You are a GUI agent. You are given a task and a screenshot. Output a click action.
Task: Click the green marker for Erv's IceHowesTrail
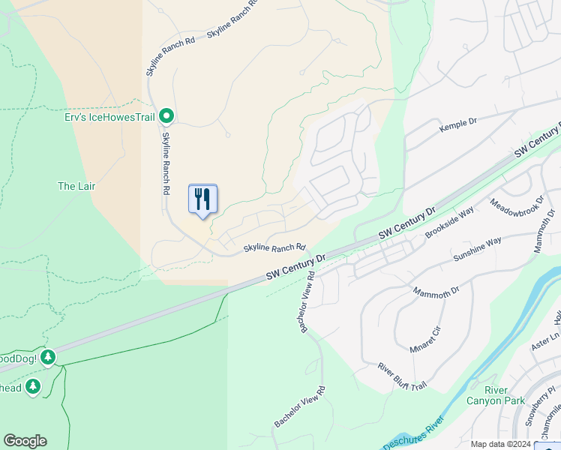click(168, 115)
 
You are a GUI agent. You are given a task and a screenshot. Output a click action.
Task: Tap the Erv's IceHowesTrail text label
click(111, 116)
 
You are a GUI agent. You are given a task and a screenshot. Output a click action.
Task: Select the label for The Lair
click(76, 186)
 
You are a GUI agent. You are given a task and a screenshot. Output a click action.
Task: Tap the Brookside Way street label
click(449, 223)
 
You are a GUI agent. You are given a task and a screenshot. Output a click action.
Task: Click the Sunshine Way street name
click(477, 250)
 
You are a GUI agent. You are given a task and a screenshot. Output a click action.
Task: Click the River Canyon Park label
click(486, 395)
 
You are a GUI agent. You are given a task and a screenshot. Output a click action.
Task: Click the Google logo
click(25, 441)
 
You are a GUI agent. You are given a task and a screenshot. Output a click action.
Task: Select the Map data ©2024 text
click(501, 444)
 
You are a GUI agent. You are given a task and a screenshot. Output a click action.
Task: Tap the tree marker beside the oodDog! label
click(49, 357)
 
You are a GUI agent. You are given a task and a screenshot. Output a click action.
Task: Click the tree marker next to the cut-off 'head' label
click(32, 386)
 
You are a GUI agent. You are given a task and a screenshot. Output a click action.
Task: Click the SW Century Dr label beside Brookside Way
click(407, 224)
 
